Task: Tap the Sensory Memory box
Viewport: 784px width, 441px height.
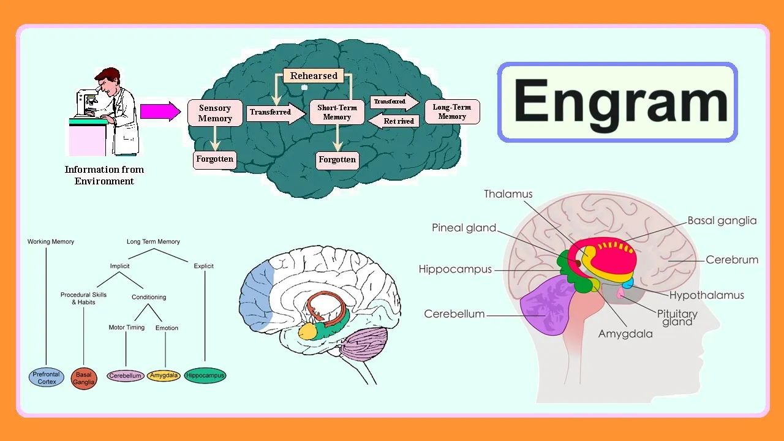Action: tap(215, 113)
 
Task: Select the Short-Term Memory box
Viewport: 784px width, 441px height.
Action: tap(337, 112)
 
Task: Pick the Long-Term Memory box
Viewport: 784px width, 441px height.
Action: tap(452, 111)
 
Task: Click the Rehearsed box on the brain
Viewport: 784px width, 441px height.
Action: tap(314, 75)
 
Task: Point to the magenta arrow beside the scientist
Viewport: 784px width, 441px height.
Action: tap(160, 111)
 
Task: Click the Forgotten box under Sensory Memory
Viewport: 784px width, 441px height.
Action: tap(214, 160)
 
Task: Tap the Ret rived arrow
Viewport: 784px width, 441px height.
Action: tap(393, 121)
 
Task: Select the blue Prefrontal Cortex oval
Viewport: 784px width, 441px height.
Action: tap(46, 378)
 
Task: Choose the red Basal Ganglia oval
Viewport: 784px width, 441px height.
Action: tap(84, 378)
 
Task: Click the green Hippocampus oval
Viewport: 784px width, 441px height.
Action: tap(205, 375)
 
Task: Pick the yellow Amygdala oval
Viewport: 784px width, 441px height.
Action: tap(164, 375)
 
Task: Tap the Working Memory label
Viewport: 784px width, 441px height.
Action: tap(51, 241)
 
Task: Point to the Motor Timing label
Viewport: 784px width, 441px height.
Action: tap(126, 327)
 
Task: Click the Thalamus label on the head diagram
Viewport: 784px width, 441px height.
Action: tap(508, 194)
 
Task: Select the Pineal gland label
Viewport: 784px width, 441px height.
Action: tap(464, 228)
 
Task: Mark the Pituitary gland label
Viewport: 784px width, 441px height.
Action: tap(677, 318)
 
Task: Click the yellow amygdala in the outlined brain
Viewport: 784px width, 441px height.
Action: tap(307, 331)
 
